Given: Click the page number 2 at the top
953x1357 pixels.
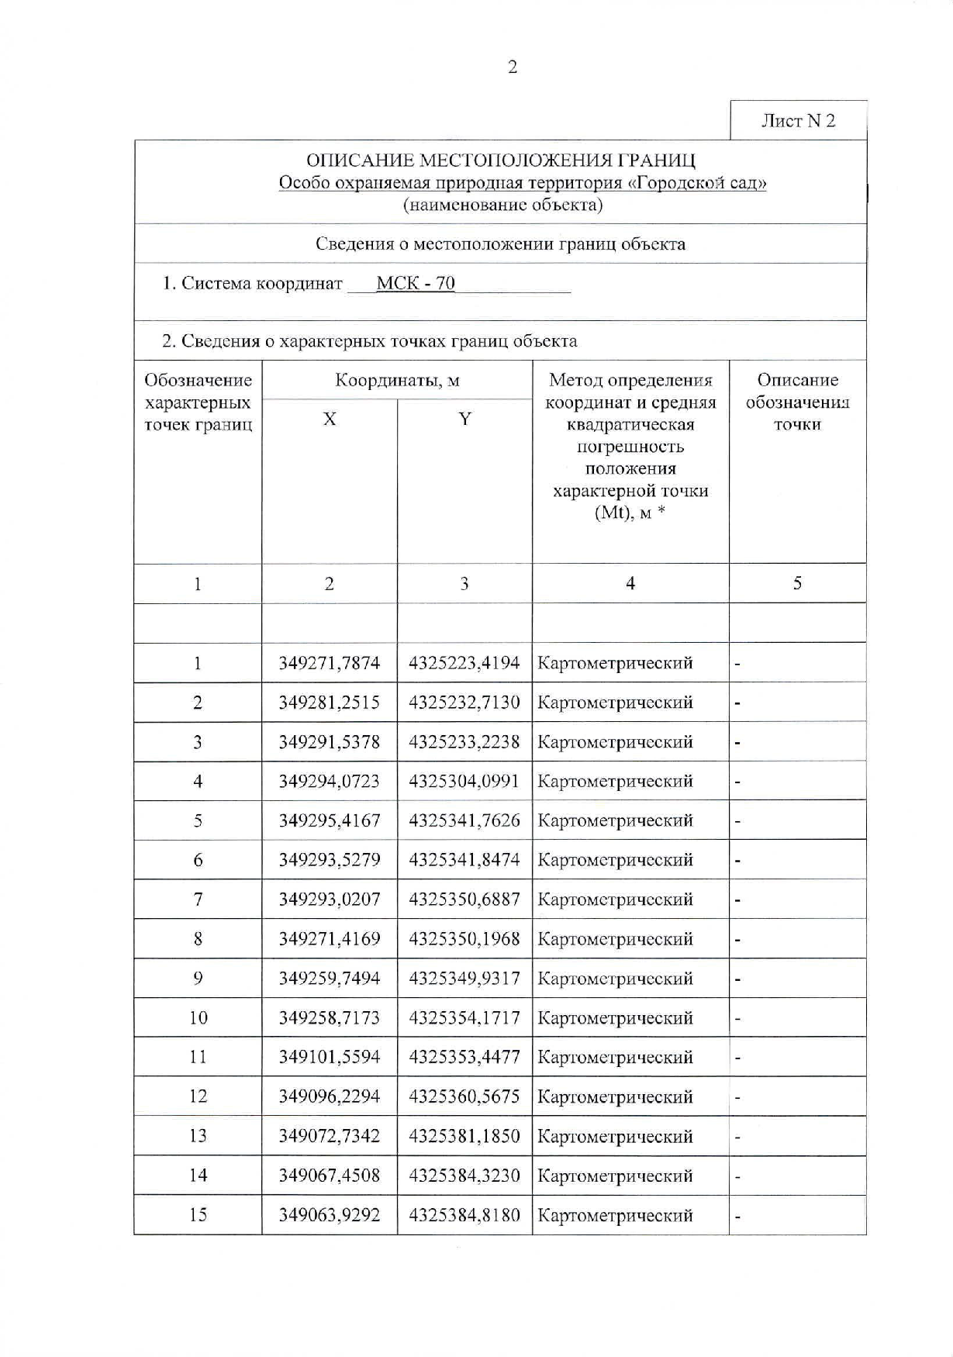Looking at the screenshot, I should coord(512,67).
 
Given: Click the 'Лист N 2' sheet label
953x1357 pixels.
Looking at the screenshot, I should coord(798,121).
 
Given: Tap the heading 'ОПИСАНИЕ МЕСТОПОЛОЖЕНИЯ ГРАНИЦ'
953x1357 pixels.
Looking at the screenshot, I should coord(500,161).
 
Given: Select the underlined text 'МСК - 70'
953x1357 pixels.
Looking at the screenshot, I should coord(416,283).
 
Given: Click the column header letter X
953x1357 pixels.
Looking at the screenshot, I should coord(330,420).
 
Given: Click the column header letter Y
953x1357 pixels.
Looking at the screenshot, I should coord(464,420).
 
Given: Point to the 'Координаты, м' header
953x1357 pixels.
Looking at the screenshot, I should coord(397,380).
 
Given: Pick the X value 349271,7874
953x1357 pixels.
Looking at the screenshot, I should coord(330,663).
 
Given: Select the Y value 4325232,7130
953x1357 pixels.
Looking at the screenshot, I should coord(464,703).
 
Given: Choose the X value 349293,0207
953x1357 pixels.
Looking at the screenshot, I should coord(330,899).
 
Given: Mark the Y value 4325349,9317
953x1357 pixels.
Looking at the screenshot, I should coord(464,979).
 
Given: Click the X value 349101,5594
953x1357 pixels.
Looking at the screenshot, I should coord(330,1057).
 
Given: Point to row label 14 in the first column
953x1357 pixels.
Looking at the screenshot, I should coord(198,1176).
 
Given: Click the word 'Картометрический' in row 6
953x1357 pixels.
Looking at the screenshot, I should coord(615,860).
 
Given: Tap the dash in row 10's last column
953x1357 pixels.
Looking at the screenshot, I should coord(738,1018).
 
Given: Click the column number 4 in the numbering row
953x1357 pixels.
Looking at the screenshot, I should coord(630,584).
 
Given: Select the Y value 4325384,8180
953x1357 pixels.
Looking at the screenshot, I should coord(464,1215).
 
